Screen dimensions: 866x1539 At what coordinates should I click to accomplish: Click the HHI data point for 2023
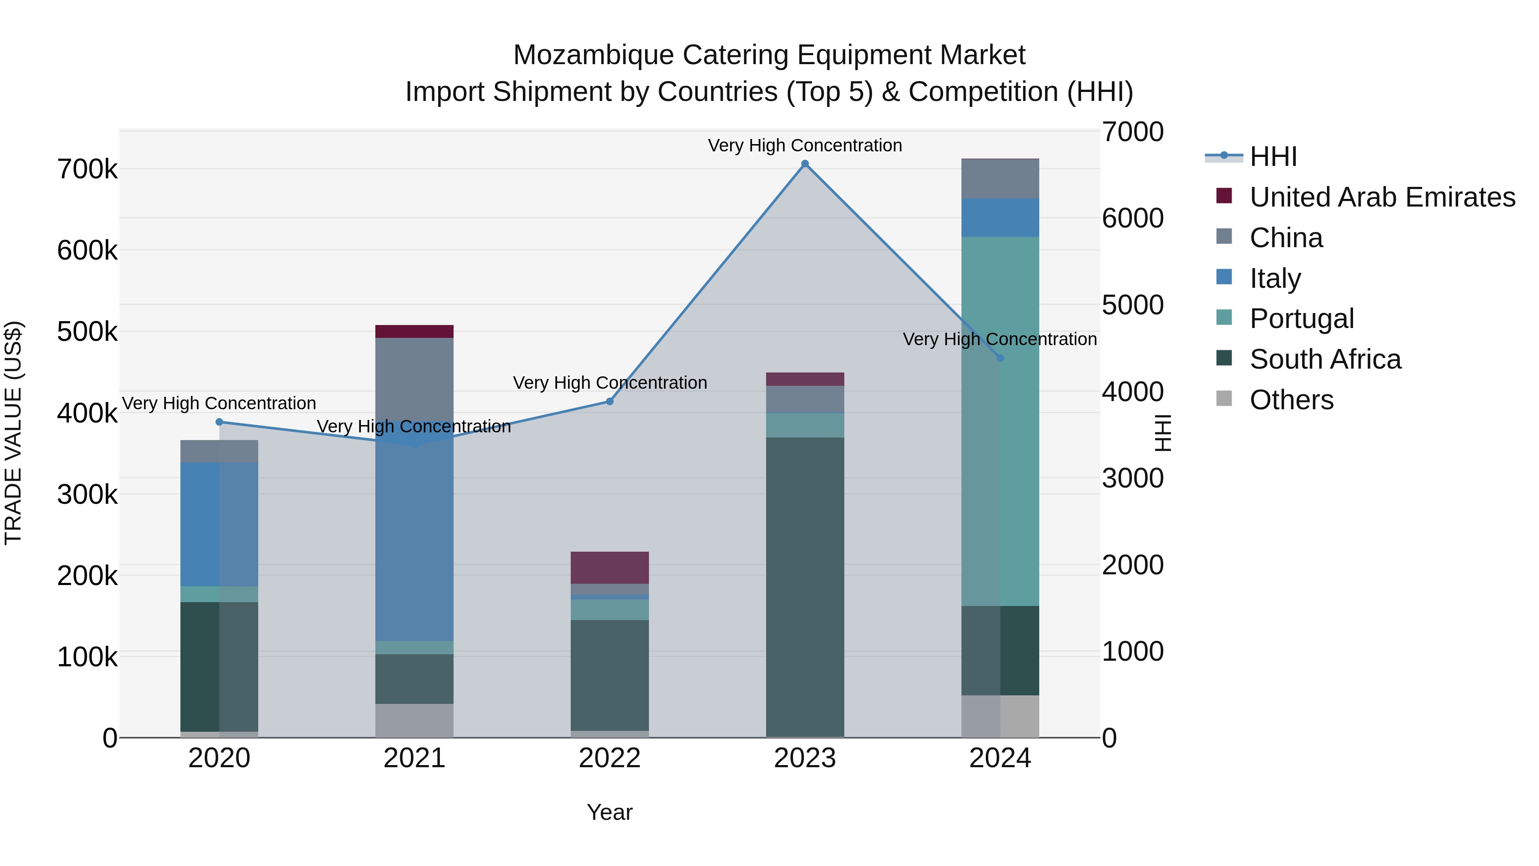tap(805, 164)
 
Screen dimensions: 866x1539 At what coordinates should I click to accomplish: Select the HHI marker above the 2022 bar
tap(609, 402)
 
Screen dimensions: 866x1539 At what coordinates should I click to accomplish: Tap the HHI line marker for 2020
tap(219, 422)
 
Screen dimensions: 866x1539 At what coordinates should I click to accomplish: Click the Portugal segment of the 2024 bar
tap(1000, 421)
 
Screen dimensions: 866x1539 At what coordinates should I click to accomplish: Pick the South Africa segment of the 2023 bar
tap(805, 587)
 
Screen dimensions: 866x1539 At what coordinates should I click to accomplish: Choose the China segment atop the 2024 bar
tap(1000, 179)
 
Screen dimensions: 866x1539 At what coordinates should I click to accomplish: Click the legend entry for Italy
tap(1274, 278)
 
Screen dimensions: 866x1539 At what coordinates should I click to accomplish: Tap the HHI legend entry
tap(1273, 157)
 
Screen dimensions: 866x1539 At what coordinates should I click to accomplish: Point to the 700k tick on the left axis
tap(87, 170)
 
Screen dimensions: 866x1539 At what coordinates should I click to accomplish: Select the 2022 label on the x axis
tap(609, 758)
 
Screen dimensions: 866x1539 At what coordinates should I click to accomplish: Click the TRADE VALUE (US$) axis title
tap(13, 433)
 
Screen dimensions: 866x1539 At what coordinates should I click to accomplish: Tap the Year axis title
tap(609, 812)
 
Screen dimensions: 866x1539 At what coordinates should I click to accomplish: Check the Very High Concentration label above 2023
tap(805, 145)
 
